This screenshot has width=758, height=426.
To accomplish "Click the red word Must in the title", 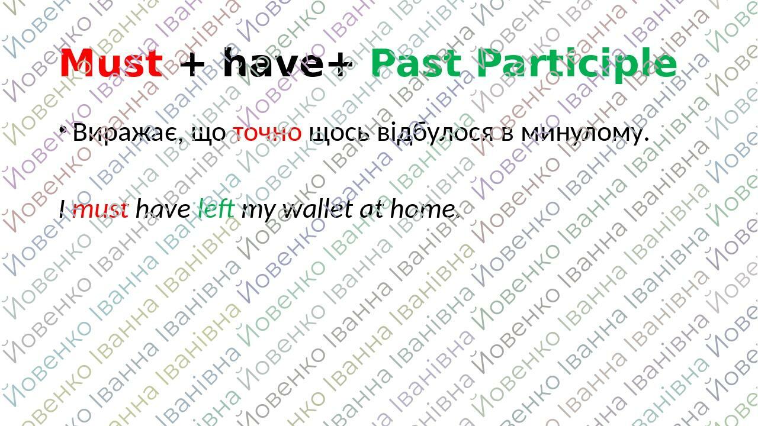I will pos(111,63).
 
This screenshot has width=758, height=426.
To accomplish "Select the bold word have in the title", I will pos(275,63).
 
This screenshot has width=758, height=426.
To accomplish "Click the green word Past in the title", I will pos(416,63).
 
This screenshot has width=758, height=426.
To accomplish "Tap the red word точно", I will pos(266,133).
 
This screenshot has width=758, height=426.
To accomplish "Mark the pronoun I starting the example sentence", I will pos(62,209).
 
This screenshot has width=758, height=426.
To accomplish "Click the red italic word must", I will pos(99,209).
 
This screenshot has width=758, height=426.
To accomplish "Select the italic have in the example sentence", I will pos(163,209).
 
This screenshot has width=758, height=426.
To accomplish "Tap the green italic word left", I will pos(216,209).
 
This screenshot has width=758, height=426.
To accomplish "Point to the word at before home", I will pos(372,209).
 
